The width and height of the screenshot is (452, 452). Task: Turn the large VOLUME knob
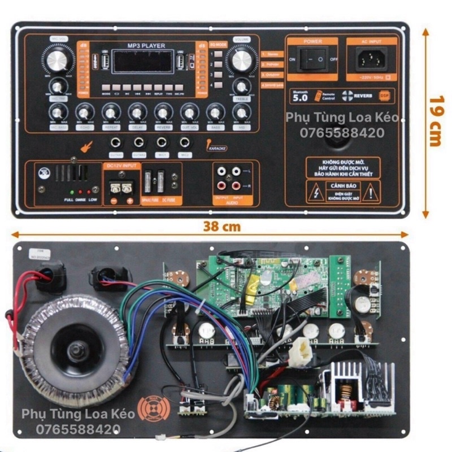241,59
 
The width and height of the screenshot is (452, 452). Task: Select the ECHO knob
84,112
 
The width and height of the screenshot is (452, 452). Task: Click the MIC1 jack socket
162,143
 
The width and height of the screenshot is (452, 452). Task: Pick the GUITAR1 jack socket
116,143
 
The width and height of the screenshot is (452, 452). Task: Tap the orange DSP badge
385,95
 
